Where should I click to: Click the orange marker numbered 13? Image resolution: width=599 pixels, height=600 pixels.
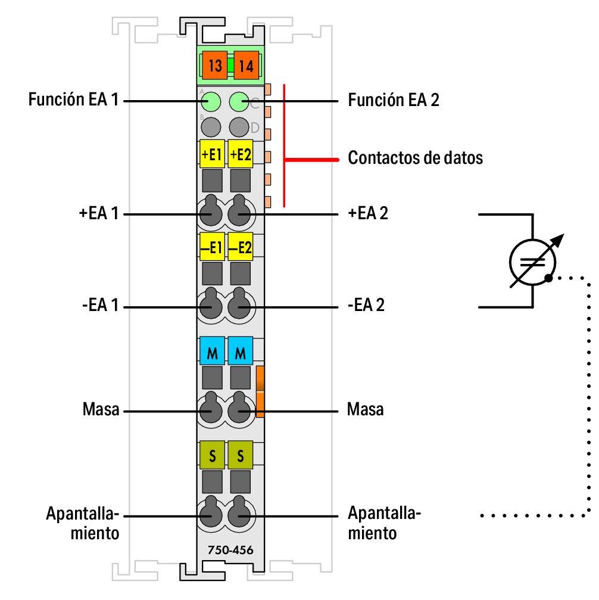pos(215,65)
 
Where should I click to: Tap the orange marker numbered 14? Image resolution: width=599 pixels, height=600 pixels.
pos(246,65)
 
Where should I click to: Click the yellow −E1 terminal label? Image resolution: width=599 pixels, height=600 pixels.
pos(211,247)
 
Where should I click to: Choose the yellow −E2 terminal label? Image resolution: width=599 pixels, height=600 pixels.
pos(241,247)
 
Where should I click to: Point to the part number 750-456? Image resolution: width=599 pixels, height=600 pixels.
pos(226,549)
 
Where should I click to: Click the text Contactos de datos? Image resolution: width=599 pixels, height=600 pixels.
pos(414,159)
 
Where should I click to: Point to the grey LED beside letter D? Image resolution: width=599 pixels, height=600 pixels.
pos(239,126)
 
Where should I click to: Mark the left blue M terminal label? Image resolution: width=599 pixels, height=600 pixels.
pos(211,352)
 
